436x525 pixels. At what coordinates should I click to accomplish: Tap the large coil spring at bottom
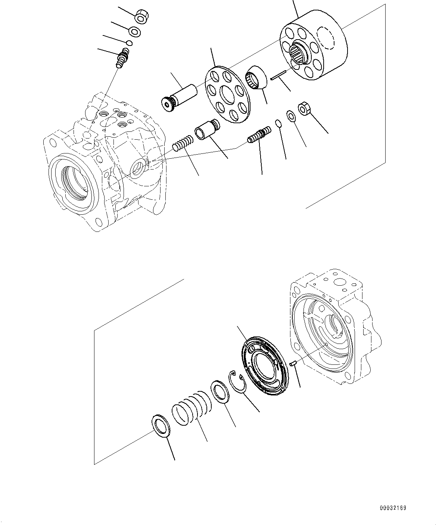click(191, 408)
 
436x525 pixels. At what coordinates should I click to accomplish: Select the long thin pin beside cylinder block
click(279, 75)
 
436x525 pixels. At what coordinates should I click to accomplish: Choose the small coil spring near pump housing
click(183, 143)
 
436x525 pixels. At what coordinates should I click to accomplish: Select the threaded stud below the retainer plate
click(259, 135)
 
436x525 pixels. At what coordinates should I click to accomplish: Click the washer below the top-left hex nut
click(135, 31)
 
